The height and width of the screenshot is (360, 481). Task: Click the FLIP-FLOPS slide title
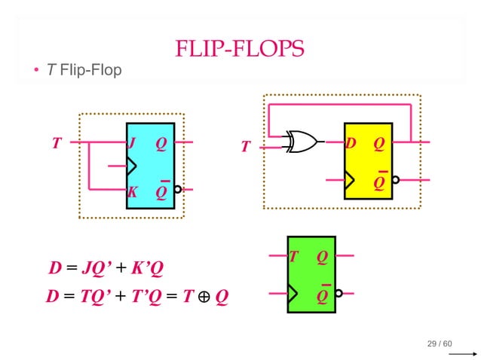point(240,50)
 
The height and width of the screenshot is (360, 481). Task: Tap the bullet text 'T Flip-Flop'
point(84,72)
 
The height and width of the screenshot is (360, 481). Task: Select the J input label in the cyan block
point(132,142)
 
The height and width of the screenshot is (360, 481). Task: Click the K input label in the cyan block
point(132,192)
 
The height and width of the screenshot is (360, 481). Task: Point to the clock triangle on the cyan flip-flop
point(131,166)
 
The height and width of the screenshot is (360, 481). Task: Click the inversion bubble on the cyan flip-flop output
point(178,190)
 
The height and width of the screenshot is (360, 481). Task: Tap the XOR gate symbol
point(302,142)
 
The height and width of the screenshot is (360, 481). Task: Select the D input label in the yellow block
point(351,143)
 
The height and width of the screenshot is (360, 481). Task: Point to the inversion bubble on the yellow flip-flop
point(396,179)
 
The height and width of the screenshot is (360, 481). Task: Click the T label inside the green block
point(293,258)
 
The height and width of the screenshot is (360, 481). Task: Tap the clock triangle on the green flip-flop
point(293,293)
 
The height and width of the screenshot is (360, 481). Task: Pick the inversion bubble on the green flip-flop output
point(339,293)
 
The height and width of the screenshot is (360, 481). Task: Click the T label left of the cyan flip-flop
point(56,143)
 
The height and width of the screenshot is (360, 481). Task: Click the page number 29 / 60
point(440,344)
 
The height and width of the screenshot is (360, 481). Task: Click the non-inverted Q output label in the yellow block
point(378,143)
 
